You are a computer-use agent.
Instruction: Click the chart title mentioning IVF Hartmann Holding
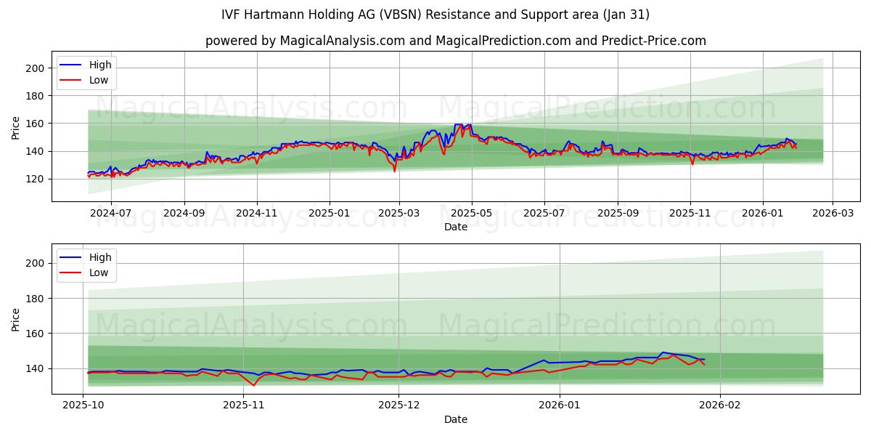tap(435, 15)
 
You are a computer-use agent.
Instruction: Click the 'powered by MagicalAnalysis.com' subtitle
tap(455, 41)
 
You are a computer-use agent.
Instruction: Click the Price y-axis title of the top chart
tap(16, 127)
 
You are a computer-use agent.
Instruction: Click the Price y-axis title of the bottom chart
tap(16, 319)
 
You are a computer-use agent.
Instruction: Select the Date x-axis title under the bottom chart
tap(455, 419)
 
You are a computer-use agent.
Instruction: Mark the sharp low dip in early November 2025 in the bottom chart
tap(253, 385)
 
